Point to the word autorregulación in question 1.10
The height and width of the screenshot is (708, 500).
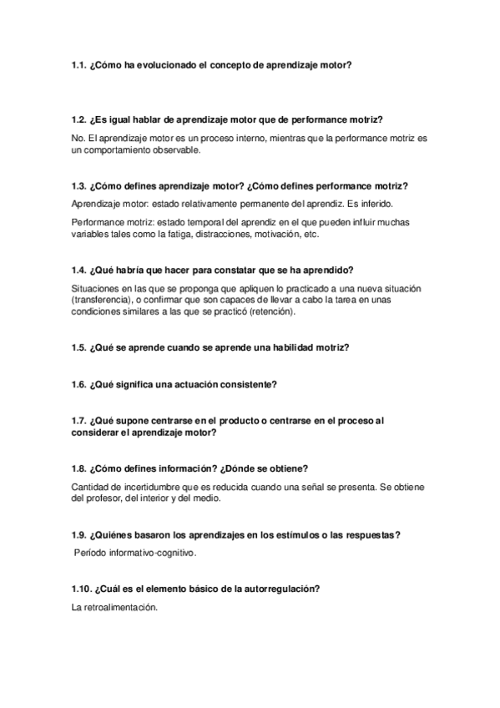click(x=275, y=589)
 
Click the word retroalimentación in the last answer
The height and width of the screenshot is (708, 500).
click(x=114, y=608)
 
